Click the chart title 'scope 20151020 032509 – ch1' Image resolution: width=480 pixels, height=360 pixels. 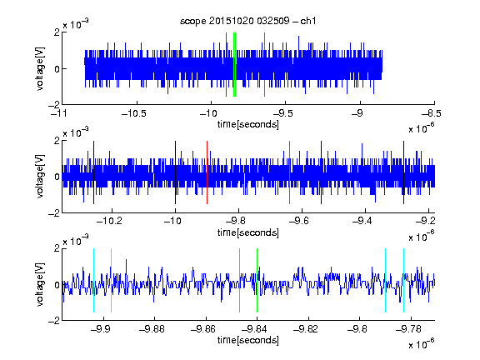(x=247, y=21)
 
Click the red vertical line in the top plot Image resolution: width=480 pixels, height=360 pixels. (x=226, y=65)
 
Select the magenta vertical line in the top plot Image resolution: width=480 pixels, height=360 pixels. (x=264, y=65)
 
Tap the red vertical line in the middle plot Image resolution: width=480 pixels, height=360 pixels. (x=207, y=172)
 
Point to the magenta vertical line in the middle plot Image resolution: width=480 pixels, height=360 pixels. (x=290, y=172)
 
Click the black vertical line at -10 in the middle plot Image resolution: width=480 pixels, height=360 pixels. (x=175, y=172)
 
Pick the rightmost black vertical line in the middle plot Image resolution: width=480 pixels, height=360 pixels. (x=404, y=172)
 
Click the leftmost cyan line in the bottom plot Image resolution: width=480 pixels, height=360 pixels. (x=93, y=280)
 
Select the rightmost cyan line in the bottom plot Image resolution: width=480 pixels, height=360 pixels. (x=404, y=280)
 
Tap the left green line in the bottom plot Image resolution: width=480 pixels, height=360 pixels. (x=239, y=280)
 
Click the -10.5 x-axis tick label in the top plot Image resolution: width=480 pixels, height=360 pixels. (x=134, y=113)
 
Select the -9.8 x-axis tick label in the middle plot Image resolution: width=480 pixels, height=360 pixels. (x=237, y=221)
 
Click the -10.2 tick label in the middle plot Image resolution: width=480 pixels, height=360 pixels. (x=109, y=221)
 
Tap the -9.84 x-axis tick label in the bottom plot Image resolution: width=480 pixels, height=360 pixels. (x=254, y=329)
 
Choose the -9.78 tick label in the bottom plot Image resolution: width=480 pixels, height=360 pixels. (x=408, y=329)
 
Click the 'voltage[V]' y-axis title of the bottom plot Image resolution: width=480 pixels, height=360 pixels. (x=40, y=284)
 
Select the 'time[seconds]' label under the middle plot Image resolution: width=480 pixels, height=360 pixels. (x=248, y=233)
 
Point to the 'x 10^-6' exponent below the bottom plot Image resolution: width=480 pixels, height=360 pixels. (x=422, y=343)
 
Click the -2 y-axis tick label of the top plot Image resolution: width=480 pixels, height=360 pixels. (x=54, y=105)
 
